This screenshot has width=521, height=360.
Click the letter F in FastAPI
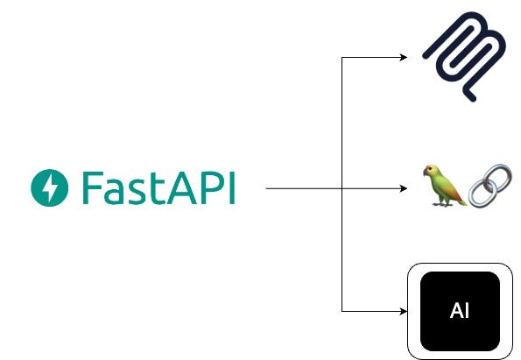(x=90, y=187)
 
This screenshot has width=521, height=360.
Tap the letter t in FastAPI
(x=158, y=187)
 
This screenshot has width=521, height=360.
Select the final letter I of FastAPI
(x=231, y=187)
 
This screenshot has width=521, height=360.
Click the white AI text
(x=458, y=311)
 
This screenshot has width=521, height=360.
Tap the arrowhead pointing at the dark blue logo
(x=405, y=58)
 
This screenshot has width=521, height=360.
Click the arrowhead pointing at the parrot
(x=405, y=188)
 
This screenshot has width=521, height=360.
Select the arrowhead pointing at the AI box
(x=405, y=311)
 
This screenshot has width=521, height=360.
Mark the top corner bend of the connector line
(x=341, y=58)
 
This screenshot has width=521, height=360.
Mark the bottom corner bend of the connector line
(x=341, y=311)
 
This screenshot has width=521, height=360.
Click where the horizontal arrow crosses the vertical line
(x=341, y=188)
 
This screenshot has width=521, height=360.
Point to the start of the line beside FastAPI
(x=266, y=188)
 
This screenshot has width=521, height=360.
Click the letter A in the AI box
(x=454, y=311)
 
